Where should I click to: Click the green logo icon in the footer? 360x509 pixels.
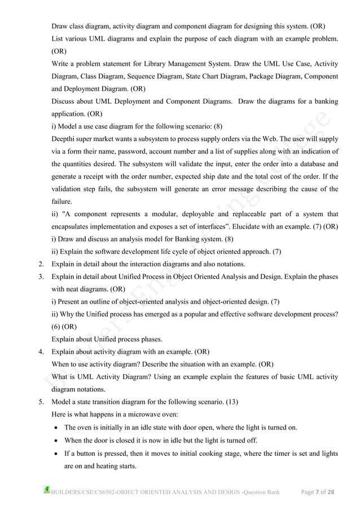(47, 490)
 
